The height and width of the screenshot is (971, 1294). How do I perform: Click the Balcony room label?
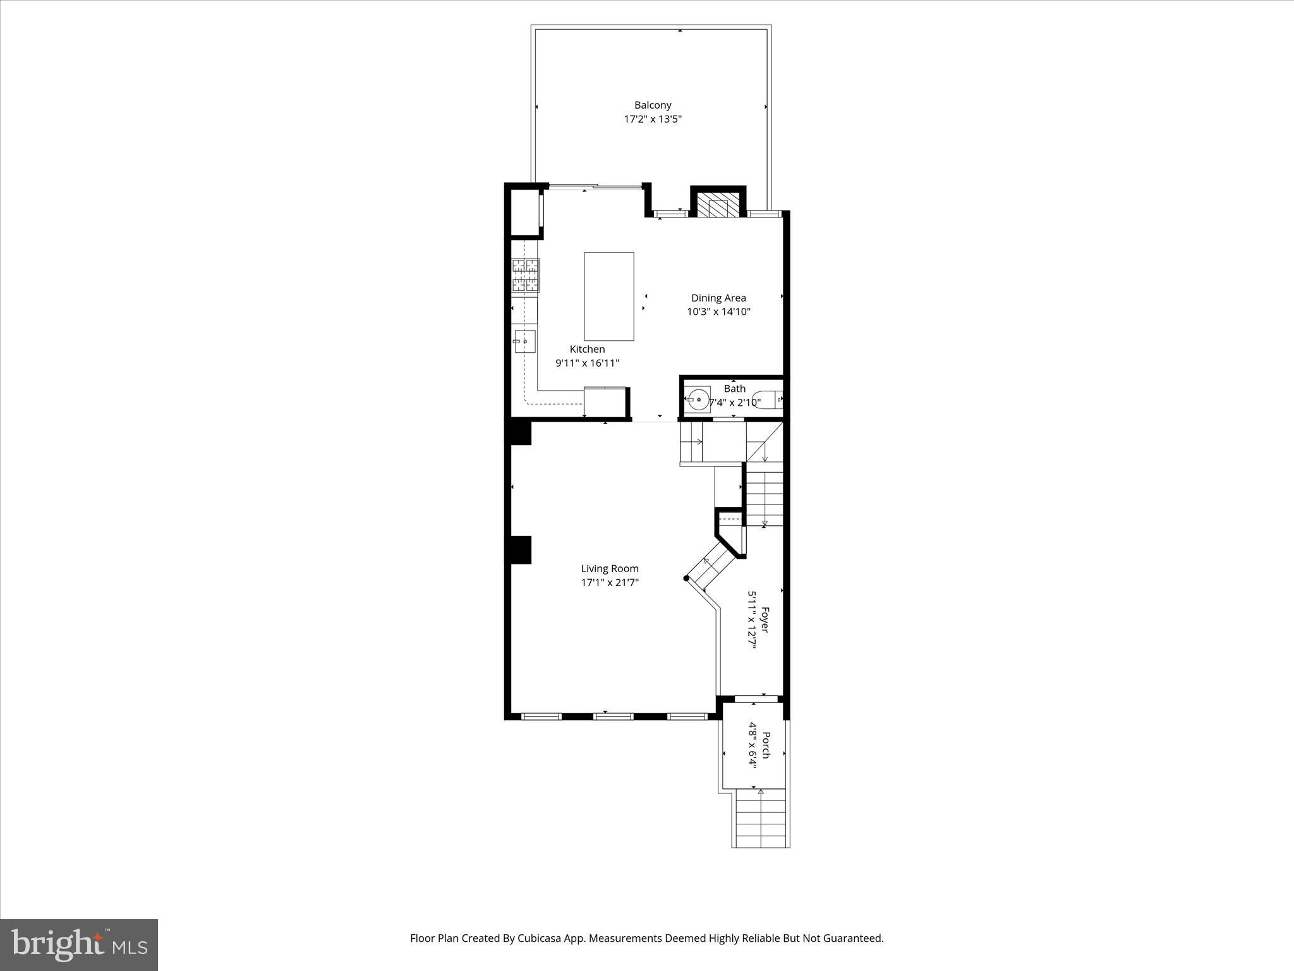[x=653, y=105]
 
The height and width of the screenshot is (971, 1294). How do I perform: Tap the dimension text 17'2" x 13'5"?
[x=653, y=119]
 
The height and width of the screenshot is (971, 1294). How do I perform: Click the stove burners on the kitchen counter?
[x=526, y=276]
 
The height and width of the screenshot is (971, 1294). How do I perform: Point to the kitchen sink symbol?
[x=524, y=341]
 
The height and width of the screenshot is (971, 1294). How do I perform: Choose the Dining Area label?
[x=718, y=298]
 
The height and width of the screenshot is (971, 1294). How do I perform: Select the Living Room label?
[x=610, y=568]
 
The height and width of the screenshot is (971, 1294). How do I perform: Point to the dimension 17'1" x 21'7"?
[x=610, y=582]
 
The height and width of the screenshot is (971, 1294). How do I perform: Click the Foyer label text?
[x=765, y=620]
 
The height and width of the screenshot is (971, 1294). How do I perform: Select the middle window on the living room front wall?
[x=613, y=716]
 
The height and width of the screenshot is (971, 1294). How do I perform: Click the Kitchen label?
[x=587, y=349]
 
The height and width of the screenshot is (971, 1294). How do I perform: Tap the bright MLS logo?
[x=79, y=945]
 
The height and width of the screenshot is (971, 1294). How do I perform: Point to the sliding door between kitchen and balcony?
[x=594, y=186]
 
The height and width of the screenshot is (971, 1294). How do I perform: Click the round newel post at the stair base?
[x=686, y=578]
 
